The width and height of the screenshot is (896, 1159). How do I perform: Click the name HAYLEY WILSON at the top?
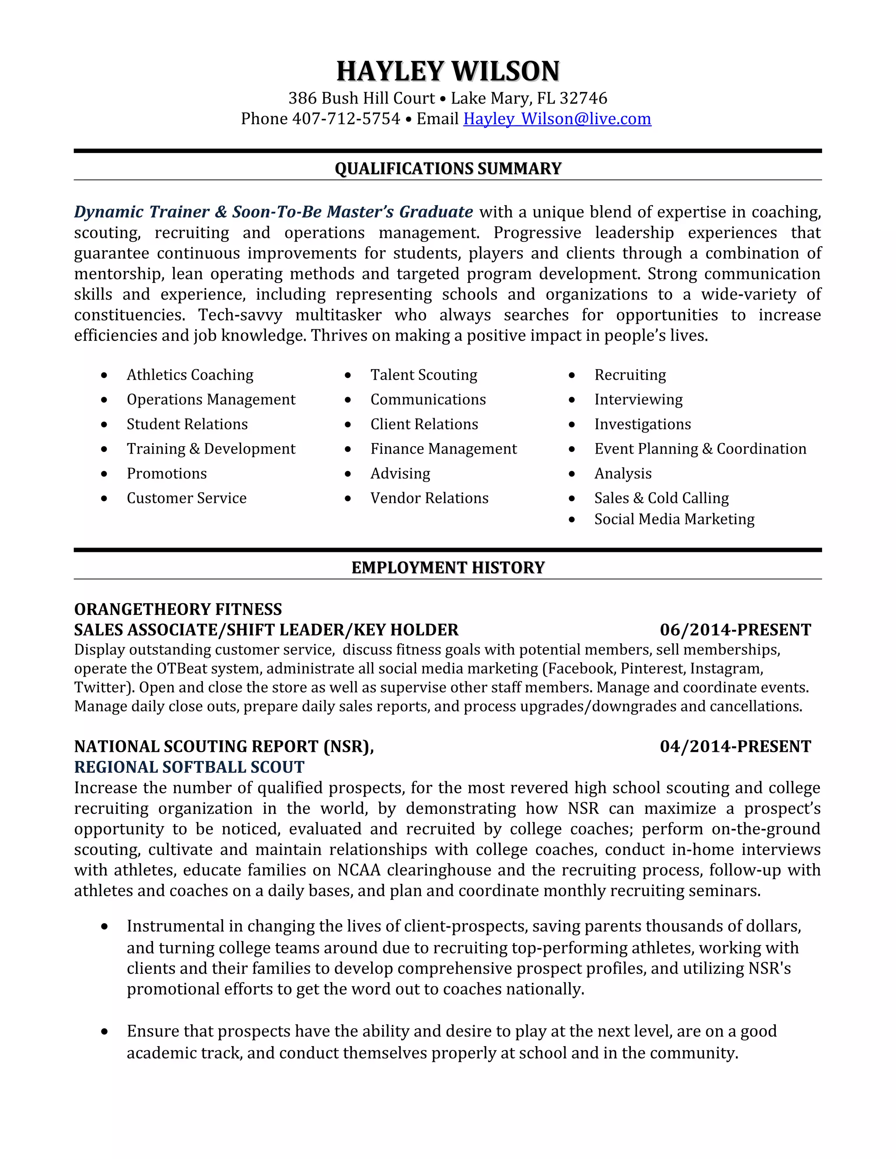click(448, 72)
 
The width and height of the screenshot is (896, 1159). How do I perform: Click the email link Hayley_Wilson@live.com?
click(557, 119)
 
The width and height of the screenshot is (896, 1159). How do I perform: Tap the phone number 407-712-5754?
click(346, 119)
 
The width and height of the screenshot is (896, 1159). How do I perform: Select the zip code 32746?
click(583, 98)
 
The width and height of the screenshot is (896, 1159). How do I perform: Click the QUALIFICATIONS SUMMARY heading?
click(448, 169)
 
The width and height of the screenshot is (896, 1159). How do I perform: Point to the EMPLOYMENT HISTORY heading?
click(448, 568)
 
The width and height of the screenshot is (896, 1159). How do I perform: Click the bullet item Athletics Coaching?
click(189, 375)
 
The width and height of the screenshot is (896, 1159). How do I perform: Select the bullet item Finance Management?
click(443, 449)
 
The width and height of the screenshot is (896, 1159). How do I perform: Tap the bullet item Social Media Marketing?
click(674, 519)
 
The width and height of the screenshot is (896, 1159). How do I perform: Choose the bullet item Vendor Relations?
click(429, 498)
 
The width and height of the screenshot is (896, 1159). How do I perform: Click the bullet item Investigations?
click(642, 425)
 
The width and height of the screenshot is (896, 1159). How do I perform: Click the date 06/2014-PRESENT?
click(735, 630)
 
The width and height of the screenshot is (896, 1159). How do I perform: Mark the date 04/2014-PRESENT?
click(735, 747)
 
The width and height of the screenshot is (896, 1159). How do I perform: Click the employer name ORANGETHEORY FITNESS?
click(178, 609)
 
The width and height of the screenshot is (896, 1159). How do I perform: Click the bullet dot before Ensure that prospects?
click(105, 1032)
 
